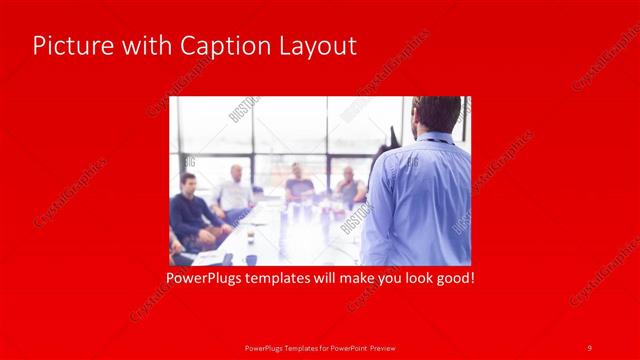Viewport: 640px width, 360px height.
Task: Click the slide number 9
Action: [x=590, y=347]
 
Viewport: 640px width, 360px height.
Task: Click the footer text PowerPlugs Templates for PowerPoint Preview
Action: [x=318, y=347]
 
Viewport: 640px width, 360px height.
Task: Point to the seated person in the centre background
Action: [x=298, y=184]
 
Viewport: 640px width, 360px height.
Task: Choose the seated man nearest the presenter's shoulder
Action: [x=349, y=187]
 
